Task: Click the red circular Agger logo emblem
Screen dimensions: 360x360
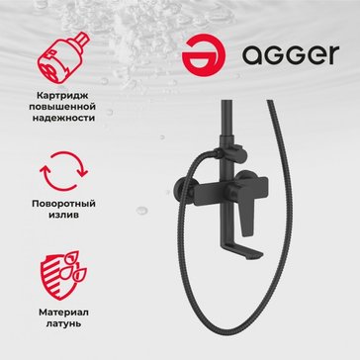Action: click(204, 55)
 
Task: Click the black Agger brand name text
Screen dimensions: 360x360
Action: click(291, 55)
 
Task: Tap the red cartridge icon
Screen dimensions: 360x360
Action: click(62, 57)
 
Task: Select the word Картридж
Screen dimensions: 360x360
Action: click(64, 97)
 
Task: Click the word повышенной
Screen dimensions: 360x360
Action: click(64, 107)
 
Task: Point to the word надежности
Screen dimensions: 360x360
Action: click(64, 118)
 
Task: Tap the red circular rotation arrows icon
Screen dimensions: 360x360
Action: click(64, 171)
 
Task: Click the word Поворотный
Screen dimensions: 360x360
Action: click(64, 204)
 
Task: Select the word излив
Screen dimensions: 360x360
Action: click(64, 215)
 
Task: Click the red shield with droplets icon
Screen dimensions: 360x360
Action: click(63, 276)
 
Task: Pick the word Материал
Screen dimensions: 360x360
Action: click(64, 313)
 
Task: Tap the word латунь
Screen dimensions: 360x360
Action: click(64, 323)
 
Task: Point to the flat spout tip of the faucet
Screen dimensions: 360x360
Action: click(251, 255)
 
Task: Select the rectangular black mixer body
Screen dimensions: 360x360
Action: click(230, 191)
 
